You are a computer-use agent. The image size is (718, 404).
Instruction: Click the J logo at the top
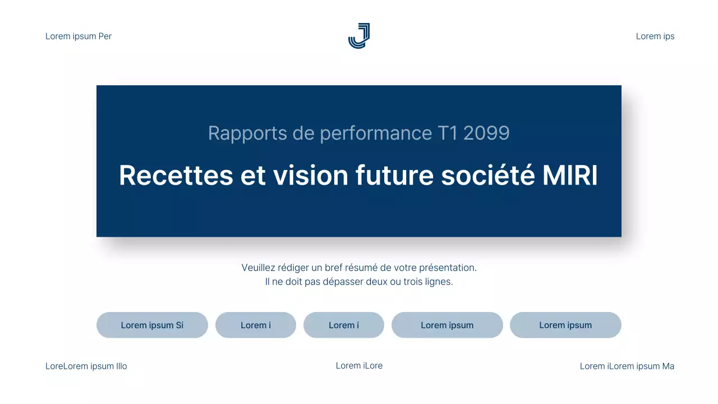point(359,36)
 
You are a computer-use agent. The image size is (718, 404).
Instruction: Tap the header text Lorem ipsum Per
point(79,36)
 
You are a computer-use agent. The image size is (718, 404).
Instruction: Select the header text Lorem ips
point(655,36)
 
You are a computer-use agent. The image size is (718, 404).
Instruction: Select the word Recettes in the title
point(176,176)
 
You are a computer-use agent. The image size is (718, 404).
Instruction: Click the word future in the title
point(394,176)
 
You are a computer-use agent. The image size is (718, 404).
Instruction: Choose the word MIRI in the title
point(570,176)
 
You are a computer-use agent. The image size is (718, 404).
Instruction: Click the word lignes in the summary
point(438,282)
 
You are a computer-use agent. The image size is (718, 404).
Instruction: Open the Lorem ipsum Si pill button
point(152,325)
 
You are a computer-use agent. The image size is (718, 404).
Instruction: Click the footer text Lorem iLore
point(359,366)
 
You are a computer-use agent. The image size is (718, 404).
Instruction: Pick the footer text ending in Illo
point(86,366)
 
